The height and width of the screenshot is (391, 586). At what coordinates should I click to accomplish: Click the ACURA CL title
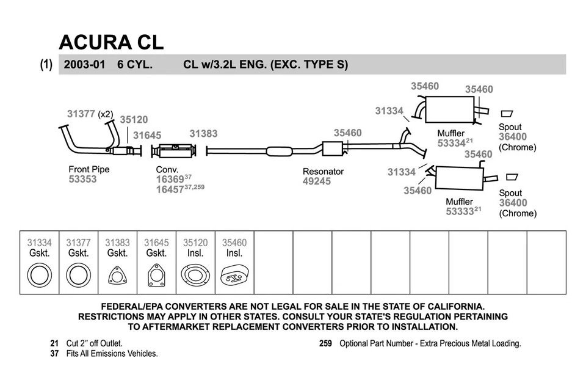coord(111,42)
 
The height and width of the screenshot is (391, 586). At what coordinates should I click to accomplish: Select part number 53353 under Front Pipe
coord(82,180)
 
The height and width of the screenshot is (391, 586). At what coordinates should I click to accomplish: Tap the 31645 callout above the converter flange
coord(147,135)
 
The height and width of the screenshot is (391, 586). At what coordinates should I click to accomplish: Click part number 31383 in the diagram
coord(203,133)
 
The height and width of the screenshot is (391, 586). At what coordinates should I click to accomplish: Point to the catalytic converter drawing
coord(176,152)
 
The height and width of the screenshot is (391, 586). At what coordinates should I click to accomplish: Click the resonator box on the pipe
coord(332,148)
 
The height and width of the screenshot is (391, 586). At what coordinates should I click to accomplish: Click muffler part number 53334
coord(452,143)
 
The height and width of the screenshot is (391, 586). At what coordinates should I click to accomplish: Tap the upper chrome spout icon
coord(507,114)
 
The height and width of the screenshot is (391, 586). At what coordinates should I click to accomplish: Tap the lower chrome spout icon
coord(512,177)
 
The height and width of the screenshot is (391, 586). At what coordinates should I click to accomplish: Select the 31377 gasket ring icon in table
coord(78,276)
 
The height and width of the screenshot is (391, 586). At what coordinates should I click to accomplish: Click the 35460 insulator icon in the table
coord(234,276)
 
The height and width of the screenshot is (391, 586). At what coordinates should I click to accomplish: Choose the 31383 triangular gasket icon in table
coord(117,276)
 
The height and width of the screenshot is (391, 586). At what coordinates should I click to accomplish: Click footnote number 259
coord(325,343)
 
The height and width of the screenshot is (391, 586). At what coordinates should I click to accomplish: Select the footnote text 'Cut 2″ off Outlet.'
coord(94,343)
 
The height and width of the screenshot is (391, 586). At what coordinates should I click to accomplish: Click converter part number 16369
coord(170,180)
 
